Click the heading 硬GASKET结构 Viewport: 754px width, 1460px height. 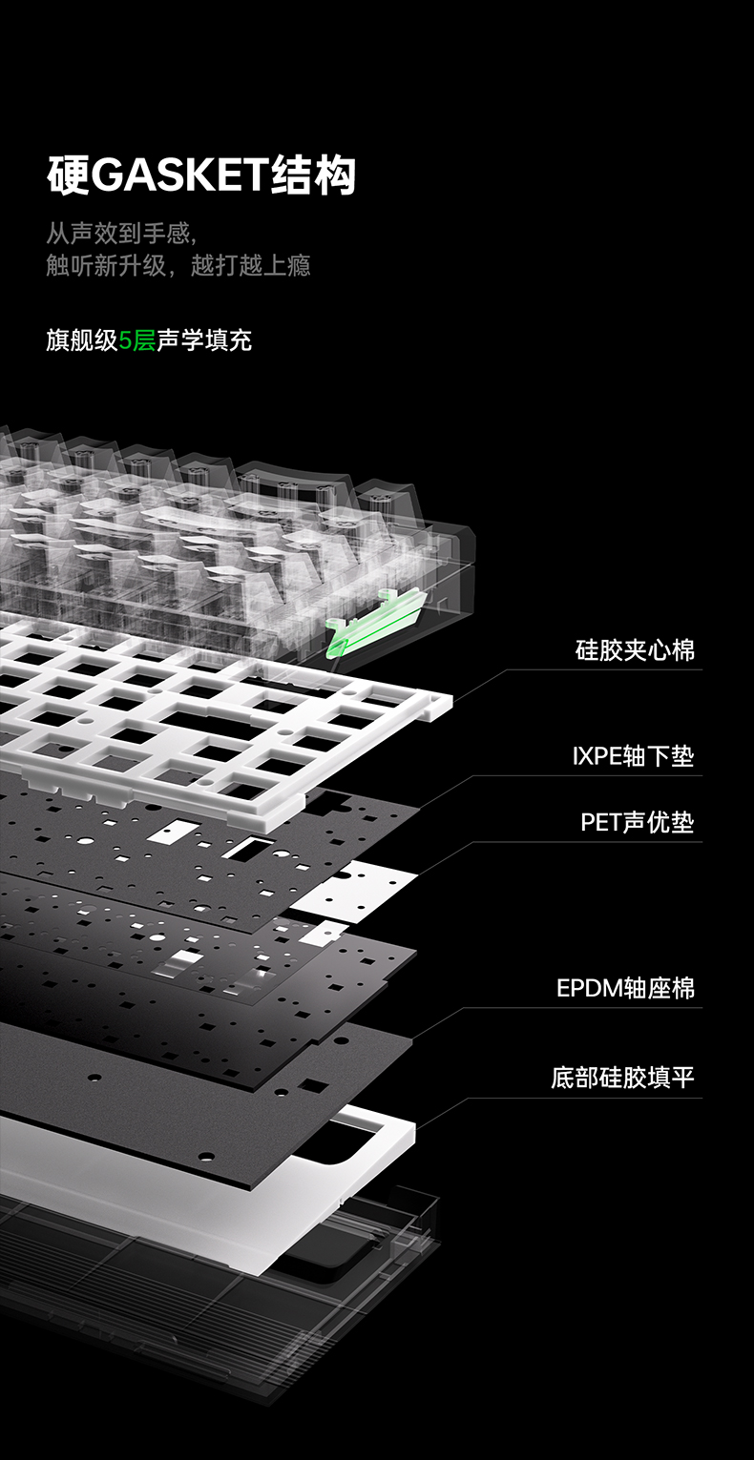coord(201,176)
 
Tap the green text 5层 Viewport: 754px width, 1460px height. coord(136,340)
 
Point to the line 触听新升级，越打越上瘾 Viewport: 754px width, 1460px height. coord(178,265)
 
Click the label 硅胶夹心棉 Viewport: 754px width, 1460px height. coord(635,651)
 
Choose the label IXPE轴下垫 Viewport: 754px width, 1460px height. coord(633,757)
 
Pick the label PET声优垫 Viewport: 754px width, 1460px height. coord(637,822)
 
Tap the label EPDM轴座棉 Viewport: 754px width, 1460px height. coord(625,988)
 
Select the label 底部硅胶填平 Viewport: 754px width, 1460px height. coord(622,1079)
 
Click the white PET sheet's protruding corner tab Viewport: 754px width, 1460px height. coord(358,892)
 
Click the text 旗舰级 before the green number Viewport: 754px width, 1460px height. coord(82,340)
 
